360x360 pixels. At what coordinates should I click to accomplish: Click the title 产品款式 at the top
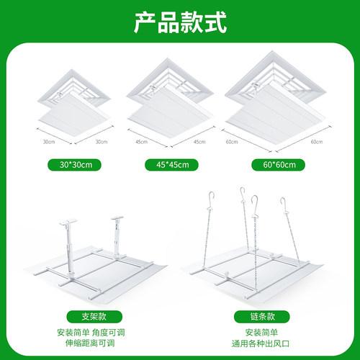180,22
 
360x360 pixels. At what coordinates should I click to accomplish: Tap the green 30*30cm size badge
74,165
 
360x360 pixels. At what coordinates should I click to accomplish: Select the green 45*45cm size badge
171,165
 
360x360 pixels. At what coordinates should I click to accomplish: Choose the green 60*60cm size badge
278,165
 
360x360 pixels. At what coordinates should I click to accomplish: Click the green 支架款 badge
94,317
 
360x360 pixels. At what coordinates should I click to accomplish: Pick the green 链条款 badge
262,317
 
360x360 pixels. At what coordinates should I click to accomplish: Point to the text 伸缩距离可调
90,343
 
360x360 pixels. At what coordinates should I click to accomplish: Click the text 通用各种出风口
261,343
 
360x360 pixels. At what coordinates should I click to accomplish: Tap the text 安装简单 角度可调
91,333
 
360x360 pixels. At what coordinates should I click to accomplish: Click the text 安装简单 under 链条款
261,333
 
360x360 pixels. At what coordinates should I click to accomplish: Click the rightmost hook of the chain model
283,204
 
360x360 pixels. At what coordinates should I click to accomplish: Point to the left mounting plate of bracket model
68,222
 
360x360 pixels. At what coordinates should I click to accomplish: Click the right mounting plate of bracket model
117,218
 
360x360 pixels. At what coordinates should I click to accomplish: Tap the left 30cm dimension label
49,142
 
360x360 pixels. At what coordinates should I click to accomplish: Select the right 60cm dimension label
317,142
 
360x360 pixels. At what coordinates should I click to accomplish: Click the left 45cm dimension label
141,142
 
